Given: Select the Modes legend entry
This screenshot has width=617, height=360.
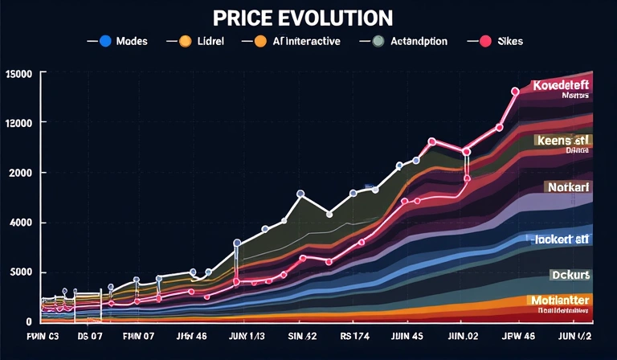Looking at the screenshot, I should coord(129,40).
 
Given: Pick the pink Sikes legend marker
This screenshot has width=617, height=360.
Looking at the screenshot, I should coord(486,40).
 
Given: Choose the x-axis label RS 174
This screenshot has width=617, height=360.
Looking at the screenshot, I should coord(353,337).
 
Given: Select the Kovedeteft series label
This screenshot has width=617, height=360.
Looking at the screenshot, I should coord(561,85).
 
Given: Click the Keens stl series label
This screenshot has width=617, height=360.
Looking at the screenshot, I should coord(562,140).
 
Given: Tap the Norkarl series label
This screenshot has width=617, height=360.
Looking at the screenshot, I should coord(567,187).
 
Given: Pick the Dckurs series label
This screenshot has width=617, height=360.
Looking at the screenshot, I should coord(570,275).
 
